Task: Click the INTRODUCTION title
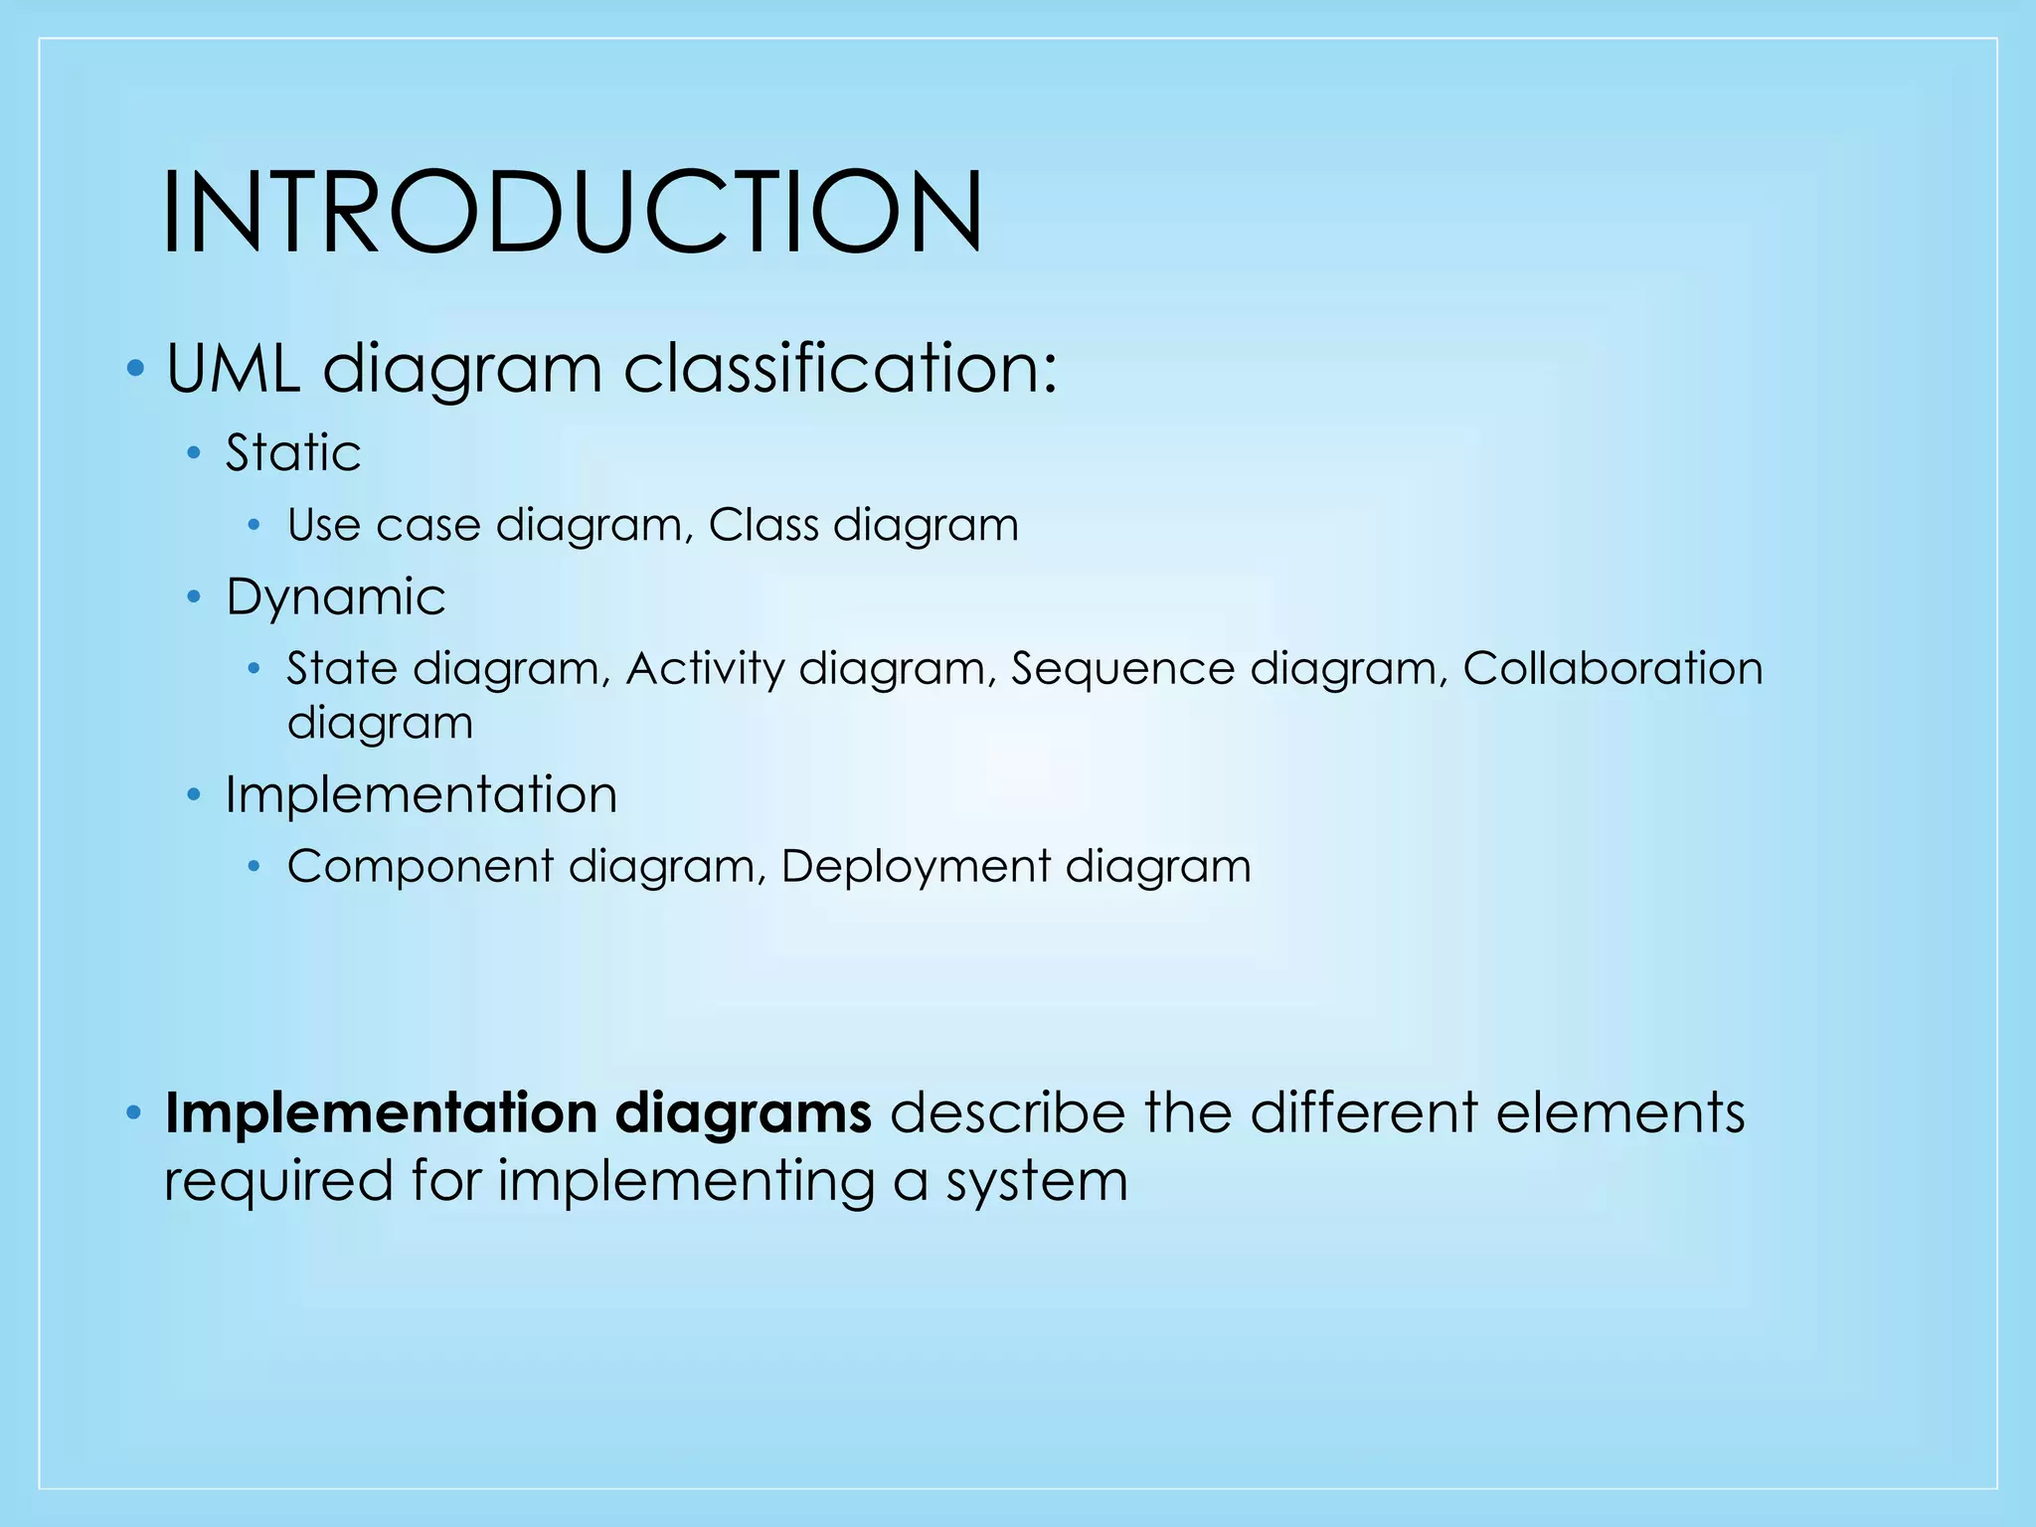coord(572,212)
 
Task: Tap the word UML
coord(233,369)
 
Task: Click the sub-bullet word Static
coord(292,453)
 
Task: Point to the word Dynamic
coord(335,597)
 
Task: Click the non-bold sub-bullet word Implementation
coord(421,794)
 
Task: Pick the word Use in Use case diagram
coord(323,525)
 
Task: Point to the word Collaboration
coord(1612,668)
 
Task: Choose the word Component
coord(420,866)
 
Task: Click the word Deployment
coord(915,866)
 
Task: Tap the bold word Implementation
coord(381,1112)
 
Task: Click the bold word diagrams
coord(744,1112)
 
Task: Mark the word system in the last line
coord(1037,1182)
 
